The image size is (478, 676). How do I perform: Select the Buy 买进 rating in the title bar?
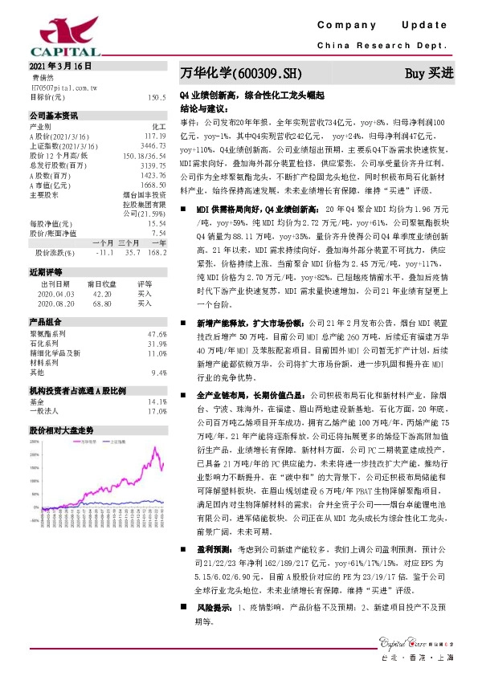pyautogui.click(x=428, y=73)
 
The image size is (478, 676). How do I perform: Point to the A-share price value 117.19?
pyautogui.click(x=154, y=136)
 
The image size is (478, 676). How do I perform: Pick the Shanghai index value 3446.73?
pyautogui.click(x=153, y=145)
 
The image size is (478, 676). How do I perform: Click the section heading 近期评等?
pyautogui.click(x=42, y=272)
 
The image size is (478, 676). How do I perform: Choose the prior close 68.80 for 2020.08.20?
pyautogui.click(x=100, y=303)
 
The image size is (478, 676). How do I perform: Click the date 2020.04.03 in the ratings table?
pyautogui.click(x=55, y=294)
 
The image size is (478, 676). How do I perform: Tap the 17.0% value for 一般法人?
pyautogui.click(x=157, y=410)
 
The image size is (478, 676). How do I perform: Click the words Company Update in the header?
pyautogui.click(x=386, y=27)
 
